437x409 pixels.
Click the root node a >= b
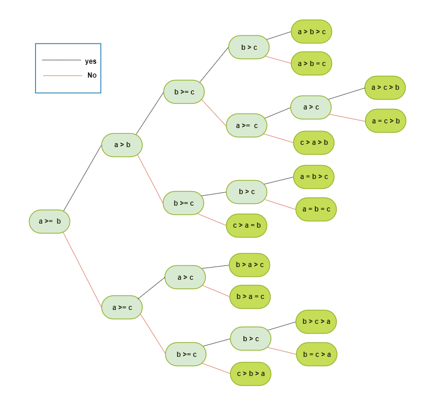[50, 221]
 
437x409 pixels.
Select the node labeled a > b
[122, 145]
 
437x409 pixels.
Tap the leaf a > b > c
[311, 32]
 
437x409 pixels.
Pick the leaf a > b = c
[311, 63]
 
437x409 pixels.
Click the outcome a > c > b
[385, 87]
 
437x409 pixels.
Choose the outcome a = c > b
[385, 120]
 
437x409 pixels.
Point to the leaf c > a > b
[314, 143]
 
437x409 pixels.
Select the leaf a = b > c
[314, 177]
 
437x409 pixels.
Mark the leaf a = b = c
[316, 209]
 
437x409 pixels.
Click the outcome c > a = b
[246, 225]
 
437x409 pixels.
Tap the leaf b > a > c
[249, 265]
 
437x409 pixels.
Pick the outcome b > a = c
[250, 297]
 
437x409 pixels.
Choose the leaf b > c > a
[316, 322]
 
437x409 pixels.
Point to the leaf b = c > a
[316, 354]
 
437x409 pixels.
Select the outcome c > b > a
[250, 374]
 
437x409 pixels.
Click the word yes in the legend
[90, 61]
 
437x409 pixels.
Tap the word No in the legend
[92, 75]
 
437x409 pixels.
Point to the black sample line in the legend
[61, 60]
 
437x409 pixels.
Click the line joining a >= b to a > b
[83, 180]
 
